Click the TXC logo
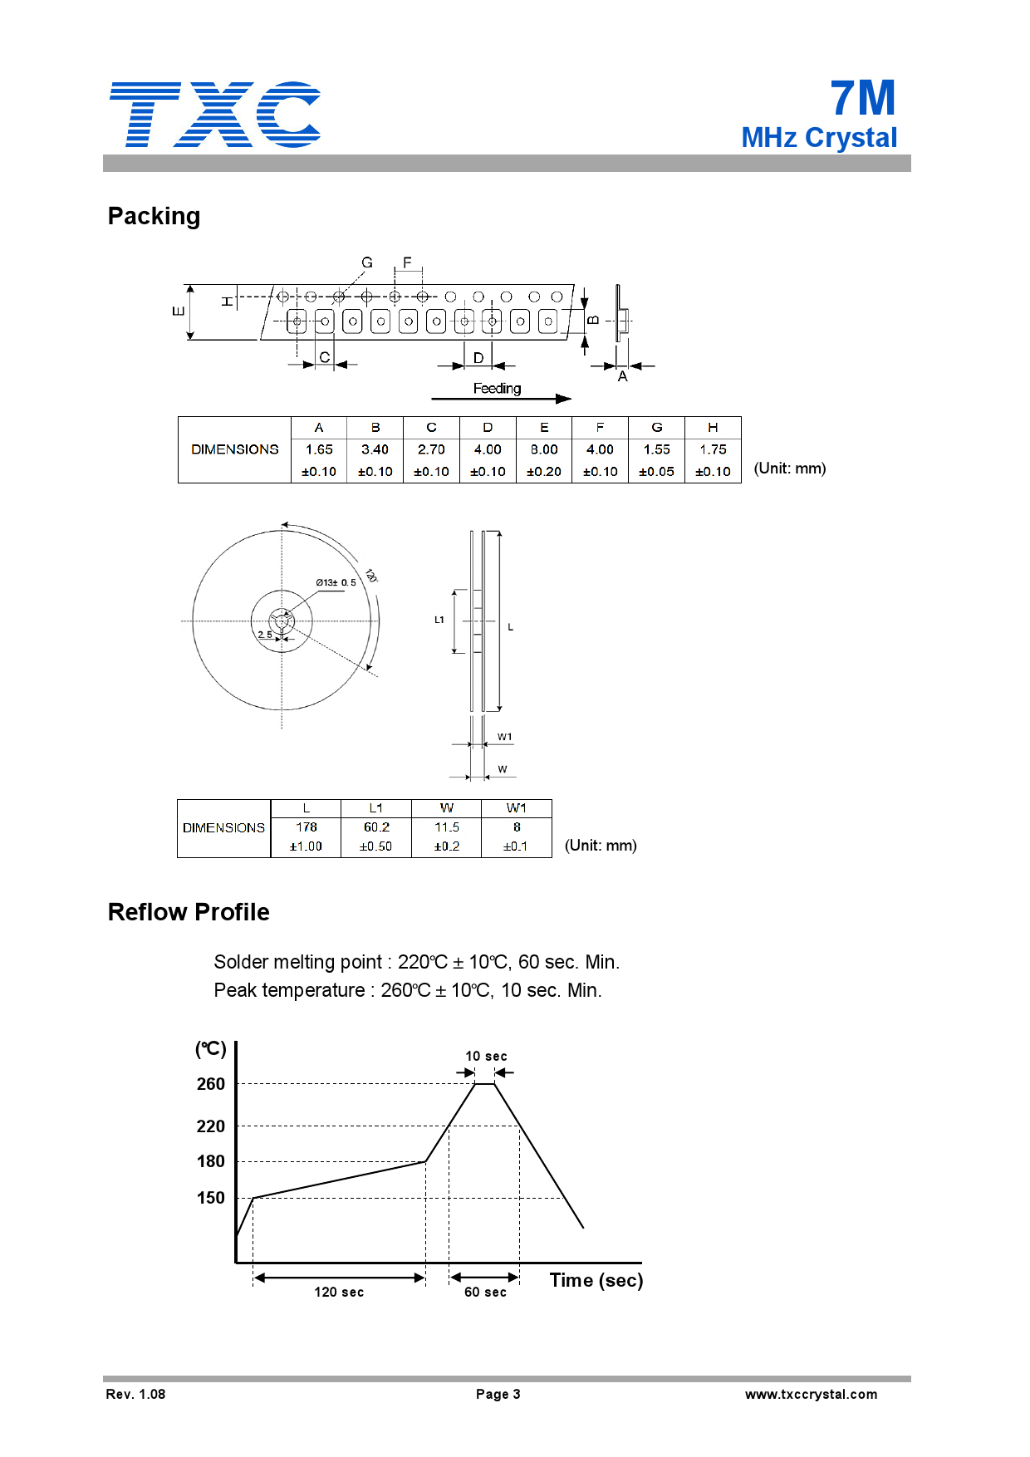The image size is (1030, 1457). (214, 115)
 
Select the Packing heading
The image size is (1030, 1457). (154, 216)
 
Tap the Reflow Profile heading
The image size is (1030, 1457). (189, 912)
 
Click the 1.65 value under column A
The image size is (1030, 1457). (319, 449)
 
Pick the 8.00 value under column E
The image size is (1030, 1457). (544, 449)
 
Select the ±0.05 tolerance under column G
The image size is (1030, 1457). (656, 472)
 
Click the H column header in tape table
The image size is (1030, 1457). (713, 427)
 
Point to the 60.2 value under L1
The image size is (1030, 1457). (376, 827)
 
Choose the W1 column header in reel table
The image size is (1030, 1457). (516, 808)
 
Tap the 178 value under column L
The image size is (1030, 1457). (307, 827)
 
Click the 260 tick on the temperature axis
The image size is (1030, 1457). (211, 1084)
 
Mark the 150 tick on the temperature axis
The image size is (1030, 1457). (211, 1198)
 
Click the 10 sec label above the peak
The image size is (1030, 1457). (486, 1057)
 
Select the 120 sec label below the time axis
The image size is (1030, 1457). (339, 1292)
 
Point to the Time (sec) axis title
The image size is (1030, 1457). (596, 1280)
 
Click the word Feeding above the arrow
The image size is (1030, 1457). (497, 389)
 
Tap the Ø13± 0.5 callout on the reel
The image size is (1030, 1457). (336, 582)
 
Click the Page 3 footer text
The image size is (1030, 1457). (498, 1394)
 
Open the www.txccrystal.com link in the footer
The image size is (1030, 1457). (811, 1394)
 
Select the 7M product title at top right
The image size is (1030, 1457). (863, 98)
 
